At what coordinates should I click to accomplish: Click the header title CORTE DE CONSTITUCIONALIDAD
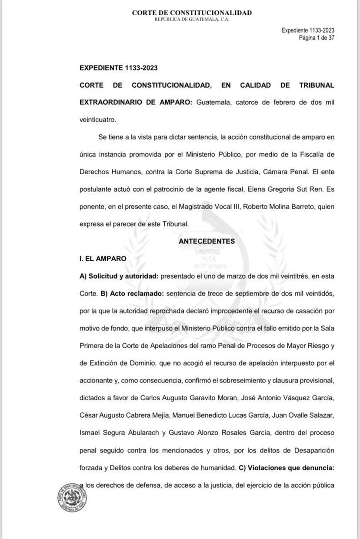pos(192,13)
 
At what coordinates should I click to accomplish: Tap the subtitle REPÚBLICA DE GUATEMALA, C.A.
pos(192,20)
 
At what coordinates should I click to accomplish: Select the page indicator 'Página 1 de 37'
pos(316,38)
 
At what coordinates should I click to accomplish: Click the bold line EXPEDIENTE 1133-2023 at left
pos(118,68)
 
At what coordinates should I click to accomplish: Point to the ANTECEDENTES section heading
pos(207,241)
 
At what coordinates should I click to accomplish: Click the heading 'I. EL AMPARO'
pos(103,259)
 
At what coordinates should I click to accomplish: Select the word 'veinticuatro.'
pos(98,120)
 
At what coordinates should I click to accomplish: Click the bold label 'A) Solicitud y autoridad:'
pos(117,276)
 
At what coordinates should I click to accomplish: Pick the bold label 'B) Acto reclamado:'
pos(132,293)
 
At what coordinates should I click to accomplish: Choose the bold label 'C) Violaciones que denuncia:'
pos(287,468)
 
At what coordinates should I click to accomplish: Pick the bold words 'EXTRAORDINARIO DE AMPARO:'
pos(135,103)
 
